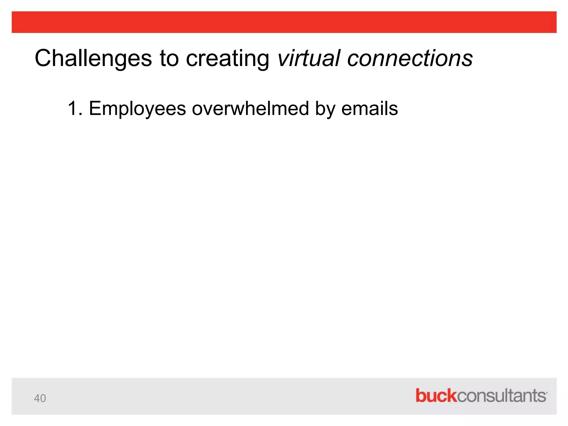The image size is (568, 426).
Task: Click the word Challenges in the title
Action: coord(93,59)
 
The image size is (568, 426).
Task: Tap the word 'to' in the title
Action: coord(169,59)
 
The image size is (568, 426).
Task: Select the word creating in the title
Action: coord(227,59)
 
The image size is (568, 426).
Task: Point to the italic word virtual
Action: coord(308,59)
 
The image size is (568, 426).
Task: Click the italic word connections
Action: coord(410,59)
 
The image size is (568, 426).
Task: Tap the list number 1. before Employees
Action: coord(75,108)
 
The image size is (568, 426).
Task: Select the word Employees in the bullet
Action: coord(137,109)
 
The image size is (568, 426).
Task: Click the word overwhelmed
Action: coord(250,108)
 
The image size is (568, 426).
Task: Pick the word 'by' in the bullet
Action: coord(324,109)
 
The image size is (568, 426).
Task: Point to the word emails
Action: coord(369,108)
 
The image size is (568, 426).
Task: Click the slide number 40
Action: coord(40,398)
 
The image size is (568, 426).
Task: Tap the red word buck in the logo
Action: coord(436,395)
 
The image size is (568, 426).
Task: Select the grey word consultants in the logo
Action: coord(501,396)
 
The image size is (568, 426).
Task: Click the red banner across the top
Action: coord(284,22)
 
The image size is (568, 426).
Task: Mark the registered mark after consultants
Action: coord(546,392)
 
